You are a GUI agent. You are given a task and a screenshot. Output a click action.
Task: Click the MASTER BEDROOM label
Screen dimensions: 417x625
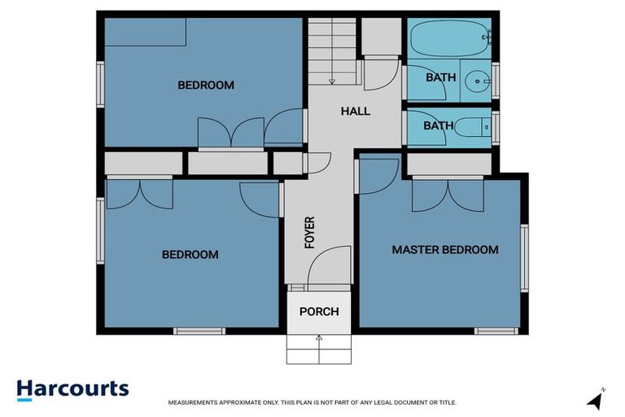pos(444,249)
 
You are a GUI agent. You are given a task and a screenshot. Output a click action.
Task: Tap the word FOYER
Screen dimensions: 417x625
pos(310,232)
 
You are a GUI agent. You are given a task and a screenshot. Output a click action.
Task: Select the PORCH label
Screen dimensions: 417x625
pos(319,311)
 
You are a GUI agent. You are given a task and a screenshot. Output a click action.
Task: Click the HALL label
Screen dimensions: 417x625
pos(356,111)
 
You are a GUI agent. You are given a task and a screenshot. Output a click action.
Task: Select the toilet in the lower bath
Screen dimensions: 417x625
pos(469,126)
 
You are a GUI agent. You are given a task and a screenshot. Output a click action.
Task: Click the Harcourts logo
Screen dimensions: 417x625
pos(72,388)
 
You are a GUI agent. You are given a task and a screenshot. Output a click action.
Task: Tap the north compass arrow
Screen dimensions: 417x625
pos(596,400)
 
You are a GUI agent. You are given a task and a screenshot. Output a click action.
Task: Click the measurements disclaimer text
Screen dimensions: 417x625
pos(312,402)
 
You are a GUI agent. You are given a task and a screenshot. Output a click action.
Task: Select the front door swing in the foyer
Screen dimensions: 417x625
pos(330,265)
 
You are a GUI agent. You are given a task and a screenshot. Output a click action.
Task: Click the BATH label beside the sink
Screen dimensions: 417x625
pos(440,78)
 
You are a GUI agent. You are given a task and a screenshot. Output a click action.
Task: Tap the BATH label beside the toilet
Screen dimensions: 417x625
pos(438,125)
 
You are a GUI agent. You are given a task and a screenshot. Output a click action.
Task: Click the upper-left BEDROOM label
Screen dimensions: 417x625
pos(206,85)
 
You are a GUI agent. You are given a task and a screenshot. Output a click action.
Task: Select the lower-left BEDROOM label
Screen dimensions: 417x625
pos(190,254)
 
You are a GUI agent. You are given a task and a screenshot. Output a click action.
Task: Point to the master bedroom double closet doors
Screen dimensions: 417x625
pos(447,193)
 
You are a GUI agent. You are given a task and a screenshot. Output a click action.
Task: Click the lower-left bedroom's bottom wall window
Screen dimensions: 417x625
pos(199,331)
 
